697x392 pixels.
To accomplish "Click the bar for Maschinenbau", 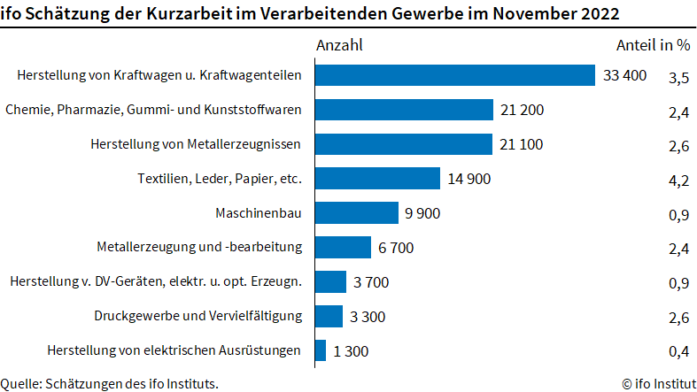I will click(357, 213).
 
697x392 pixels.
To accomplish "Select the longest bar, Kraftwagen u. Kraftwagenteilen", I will click(454, 75).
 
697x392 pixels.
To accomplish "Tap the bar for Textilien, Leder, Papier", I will click(377, 179).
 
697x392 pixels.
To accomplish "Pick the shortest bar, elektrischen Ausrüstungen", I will click(321, 350).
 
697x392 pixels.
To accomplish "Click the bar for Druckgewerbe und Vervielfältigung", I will click(329, 316).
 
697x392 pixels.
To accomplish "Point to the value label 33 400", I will click(625, 76).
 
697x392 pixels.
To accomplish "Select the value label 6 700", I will click(396, 248).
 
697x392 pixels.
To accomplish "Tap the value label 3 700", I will click(371, 282).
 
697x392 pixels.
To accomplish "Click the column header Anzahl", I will click(339, 44).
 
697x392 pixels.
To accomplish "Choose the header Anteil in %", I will click(653, 44).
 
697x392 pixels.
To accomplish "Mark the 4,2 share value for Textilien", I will click(678, 181).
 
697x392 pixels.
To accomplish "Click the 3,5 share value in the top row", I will click(678, 78).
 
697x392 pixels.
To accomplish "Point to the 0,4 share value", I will click(678, 352).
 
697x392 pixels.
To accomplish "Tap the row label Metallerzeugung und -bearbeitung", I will click(199, 247).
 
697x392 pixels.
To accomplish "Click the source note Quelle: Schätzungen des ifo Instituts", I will click(110, 383).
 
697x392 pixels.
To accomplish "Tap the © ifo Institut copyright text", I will click(656, 383).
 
